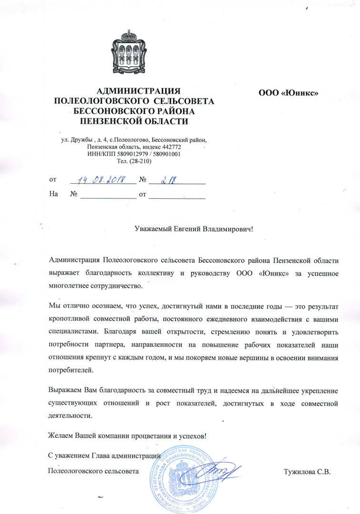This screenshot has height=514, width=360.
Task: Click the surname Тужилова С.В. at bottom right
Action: point(306,472)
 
